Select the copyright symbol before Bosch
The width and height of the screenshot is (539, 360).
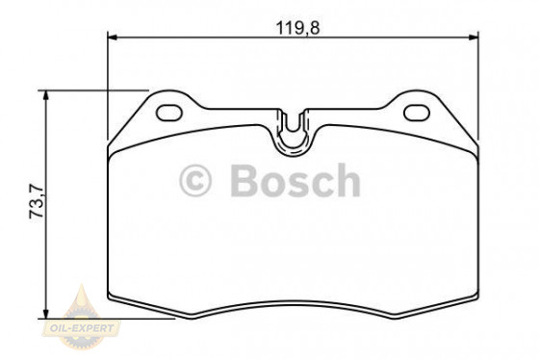point(195,181)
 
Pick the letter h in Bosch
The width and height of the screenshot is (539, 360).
point(347,181)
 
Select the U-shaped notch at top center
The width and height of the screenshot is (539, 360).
point(293,130)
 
